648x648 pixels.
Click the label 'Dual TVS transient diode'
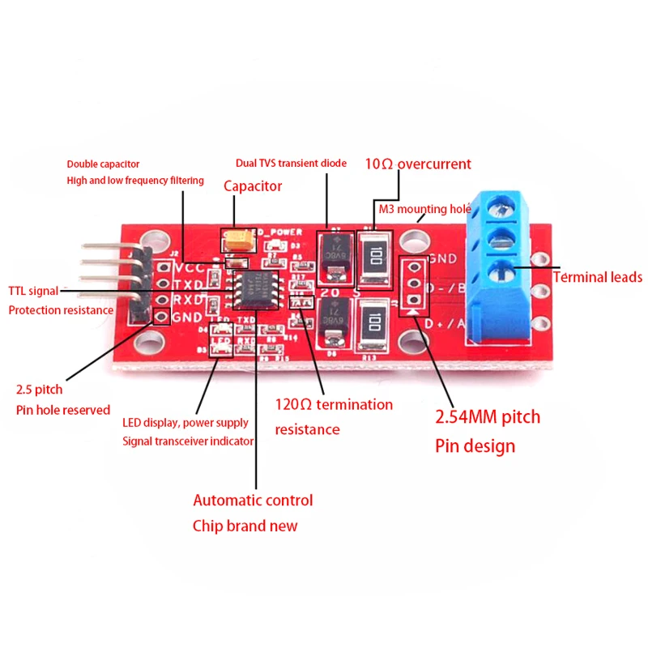tap(291, 163)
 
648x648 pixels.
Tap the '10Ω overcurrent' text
tap(417, 164)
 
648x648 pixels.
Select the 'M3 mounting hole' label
tap(424, 208)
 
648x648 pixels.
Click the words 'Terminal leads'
tap(598, 277)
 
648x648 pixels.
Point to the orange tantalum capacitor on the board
tap(239, 239)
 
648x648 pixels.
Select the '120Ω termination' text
tap(334, 404)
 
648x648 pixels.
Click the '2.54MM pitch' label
tap(488, 418)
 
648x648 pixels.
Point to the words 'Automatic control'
tap(253, 500)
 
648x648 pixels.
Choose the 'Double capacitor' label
tap(103, 164)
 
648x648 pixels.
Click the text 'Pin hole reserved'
tap(63, 410)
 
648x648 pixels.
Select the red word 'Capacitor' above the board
tap(253, 186)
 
